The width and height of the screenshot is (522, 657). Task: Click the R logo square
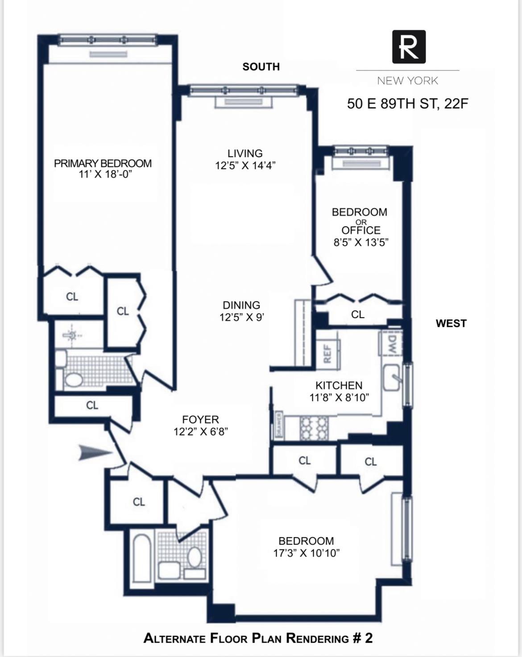(409, 47)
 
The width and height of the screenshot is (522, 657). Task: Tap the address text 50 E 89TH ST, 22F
(408, 104)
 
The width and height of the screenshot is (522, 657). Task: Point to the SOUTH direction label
(261, 67)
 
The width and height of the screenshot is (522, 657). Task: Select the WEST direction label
(451, 323)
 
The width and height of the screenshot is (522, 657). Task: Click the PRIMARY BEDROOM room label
(103, 163)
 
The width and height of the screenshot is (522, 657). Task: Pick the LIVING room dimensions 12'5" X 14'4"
(245, 165)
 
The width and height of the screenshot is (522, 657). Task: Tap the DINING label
(241, 305)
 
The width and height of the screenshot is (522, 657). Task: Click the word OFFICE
(361, 230)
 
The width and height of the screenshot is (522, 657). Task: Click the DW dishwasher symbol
(391, 344)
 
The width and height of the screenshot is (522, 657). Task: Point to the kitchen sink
(393, 377)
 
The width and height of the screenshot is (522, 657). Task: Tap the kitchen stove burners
(314, 428)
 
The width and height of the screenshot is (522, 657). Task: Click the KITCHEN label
(339, 385)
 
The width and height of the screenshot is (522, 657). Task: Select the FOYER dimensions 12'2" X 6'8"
(201, 431)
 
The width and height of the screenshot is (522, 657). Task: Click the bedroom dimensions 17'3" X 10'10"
(306, 553)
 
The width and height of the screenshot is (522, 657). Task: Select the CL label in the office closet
(357, 314)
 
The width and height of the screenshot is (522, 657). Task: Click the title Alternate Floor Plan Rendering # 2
(258, 638)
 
